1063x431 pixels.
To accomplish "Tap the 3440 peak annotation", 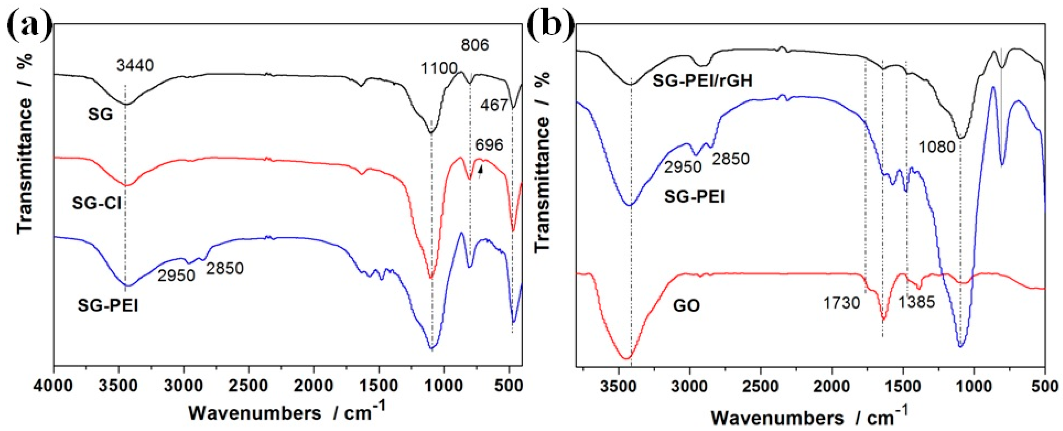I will coord(135,65).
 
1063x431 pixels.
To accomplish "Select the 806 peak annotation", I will coord(475,44).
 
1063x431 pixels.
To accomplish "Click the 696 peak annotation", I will coord(489,145).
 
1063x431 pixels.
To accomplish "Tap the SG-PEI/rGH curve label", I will coord(702,81).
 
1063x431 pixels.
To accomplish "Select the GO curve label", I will coord(687,306).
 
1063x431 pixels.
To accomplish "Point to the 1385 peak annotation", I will coord(917,302).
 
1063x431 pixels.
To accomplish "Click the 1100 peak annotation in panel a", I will coord(439,68).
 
